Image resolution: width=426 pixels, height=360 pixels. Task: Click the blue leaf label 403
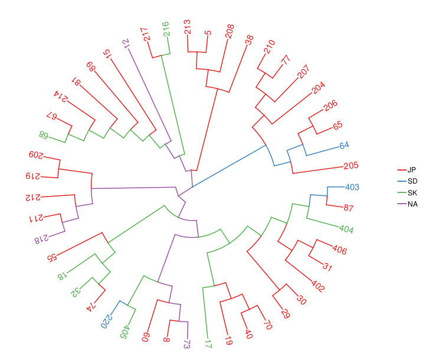click(x=352, y=187)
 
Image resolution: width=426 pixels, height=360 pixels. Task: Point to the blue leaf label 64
click(x=345, y=146)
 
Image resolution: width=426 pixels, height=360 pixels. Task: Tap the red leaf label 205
click(x=350, y=166)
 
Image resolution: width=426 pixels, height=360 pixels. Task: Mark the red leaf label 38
click(x=249, y=40)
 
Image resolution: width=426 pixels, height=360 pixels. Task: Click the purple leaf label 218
click(x=45, y=239)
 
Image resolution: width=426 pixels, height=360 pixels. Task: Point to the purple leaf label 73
click(x=187, y=344)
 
